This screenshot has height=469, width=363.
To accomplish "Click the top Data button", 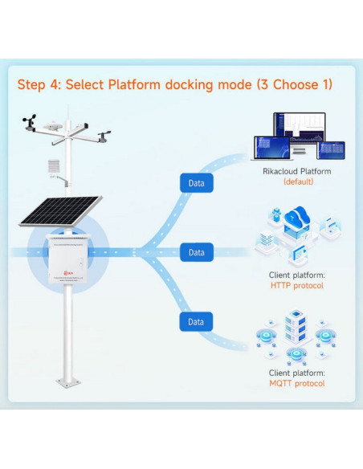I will coord(196,183).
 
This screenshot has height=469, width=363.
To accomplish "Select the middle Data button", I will coord(196,252).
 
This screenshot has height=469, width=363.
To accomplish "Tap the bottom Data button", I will coord(196,322).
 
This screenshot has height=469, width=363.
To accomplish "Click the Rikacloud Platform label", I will coord(296,171).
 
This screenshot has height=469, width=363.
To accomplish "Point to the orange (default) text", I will coord(296,182).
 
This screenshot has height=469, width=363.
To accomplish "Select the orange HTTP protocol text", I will coord(296,285).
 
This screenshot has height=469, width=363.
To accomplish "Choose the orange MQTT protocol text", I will coord(296,384).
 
